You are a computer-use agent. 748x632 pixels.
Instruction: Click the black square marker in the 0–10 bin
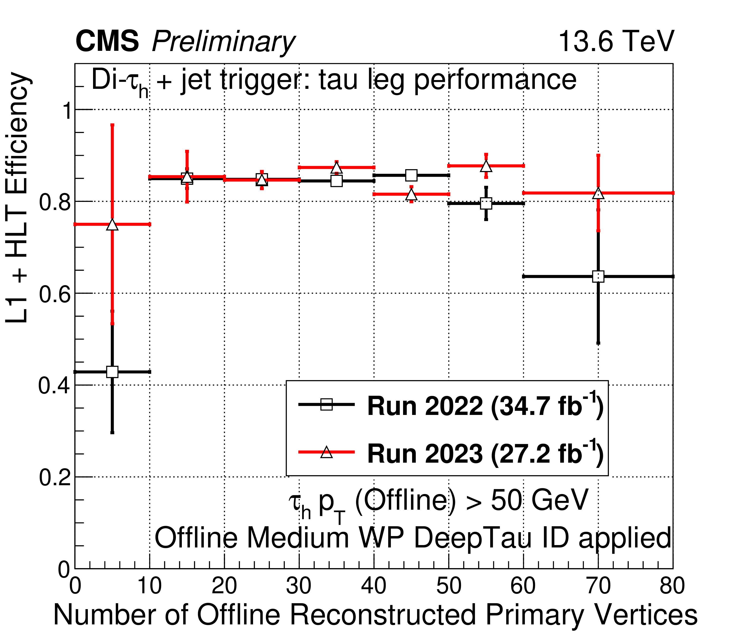click(113, 372)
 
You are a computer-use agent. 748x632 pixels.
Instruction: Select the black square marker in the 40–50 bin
click(411, 176)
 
